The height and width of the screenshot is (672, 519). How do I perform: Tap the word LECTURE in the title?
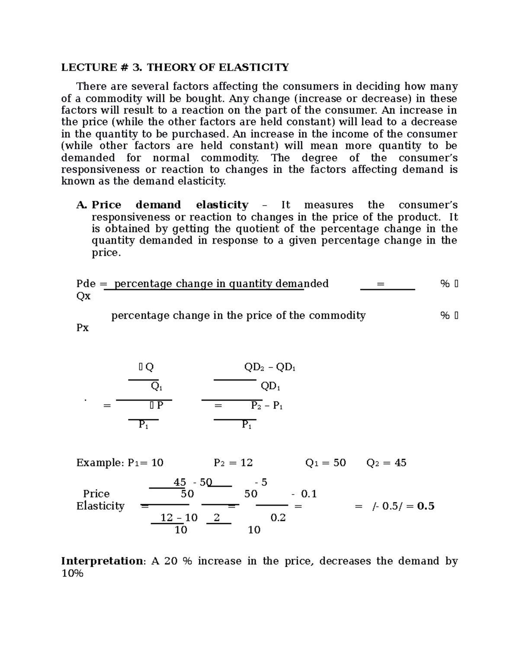(x=89, y=68)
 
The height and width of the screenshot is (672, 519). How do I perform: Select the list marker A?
(x=82, y=205)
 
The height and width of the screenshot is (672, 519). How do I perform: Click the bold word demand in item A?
(x=158, y=205)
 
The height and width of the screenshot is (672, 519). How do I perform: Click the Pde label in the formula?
(x=86, y=284)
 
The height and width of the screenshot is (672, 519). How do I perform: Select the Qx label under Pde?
(x=83, y=296)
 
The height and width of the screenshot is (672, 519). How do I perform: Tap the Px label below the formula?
(x=83, y=328)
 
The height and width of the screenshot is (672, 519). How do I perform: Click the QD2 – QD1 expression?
(x=270, y=367)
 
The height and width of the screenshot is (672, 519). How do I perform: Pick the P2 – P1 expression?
(x=267, y=406)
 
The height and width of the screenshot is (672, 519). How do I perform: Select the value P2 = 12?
(x=233, y=463)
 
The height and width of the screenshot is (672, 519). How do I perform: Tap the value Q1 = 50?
(x=325, y=463)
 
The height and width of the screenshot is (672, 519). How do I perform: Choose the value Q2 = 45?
(x=386, y=463)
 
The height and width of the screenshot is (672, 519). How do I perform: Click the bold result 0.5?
(x=426, y=506)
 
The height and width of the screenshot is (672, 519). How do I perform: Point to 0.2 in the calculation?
(x=278, y=518)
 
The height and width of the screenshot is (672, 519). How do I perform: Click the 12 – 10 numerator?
(x=179, y=518)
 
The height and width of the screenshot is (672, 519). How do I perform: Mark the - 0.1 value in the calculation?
(x=304, y=494)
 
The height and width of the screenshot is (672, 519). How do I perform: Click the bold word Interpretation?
(x=102, y=561)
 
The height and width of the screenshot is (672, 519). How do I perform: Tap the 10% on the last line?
(x=72, y=574)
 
